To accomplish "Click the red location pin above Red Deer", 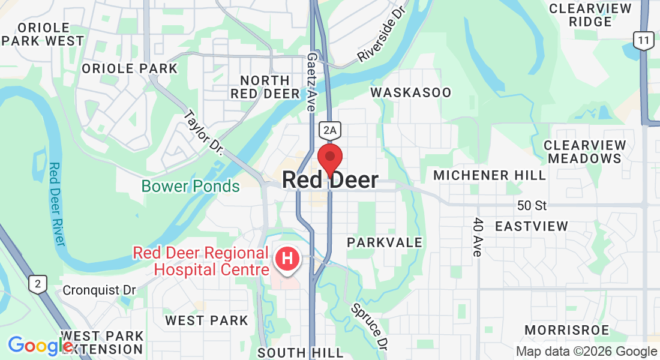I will pyautogui.click(x=330, y=158).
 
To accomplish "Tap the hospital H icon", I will pyautogui.click(x=287, y=260).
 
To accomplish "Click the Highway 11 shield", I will pyautogui.click(x=644, y=41).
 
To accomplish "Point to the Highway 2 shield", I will pyautogui.click(x=37, y=284).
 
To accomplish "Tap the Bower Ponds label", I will pyautogui.click(x=191, y=186).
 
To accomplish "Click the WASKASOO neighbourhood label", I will pyautogui.click(x=410, y=92).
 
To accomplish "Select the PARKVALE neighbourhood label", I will pyautogui.click(x=385, y=242).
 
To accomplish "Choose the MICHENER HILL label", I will pyautogui.click(x=490, y=175).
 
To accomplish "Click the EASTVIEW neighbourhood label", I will pyautogui.click(x=531, y=226).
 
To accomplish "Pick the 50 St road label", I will pyautogui.click(x=532, y=206).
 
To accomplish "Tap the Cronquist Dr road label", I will pyautogui.click(x=100, y=290).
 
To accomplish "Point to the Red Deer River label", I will pyautogui.click(x=56, y=204).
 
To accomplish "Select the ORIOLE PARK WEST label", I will pyautogui.click(x=43, y=34).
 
